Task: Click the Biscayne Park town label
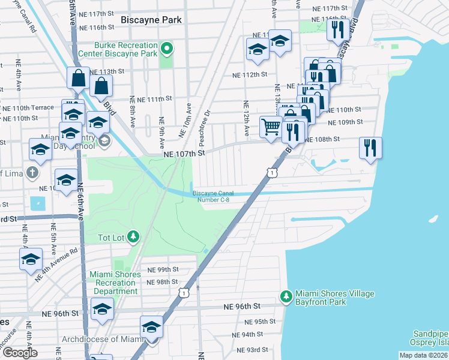(x=151, y=19)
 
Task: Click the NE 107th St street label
(x=185, y=154)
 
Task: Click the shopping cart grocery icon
(x=271, y=127)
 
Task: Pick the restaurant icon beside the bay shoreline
(x=370, y=147)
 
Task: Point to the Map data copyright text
(x=424, y=355)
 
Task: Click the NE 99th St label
(x=163, y=270)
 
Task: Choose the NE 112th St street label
(x=250, y=74)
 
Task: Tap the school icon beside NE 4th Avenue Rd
(x=31, y=260)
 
